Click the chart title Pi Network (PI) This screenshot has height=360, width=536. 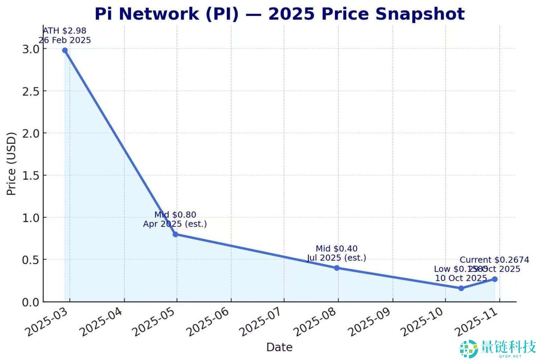tap(279, 14)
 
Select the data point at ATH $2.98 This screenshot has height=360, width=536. tap(65, 50)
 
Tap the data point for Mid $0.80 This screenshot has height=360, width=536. tap(175, 234)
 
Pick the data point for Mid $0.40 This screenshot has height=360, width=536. tap(336, 268)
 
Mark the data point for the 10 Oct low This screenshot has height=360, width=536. tap(461, 288)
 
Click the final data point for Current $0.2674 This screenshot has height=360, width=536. tap(494, 279)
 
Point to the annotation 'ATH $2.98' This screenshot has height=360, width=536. tap(65, 31)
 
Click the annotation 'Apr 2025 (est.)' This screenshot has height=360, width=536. tap(175, 224)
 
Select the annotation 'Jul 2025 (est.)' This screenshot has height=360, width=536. tap(336, 258)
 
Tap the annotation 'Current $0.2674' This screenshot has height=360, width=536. tap(494, 260)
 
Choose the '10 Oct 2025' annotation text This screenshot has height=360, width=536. tap(461, 278)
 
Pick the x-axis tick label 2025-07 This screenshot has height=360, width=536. tap(262, 323)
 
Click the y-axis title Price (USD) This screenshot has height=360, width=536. tap(11, 164)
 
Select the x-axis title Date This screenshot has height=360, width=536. tap(279, 347)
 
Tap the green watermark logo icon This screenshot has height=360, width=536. tap(469, 348)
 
